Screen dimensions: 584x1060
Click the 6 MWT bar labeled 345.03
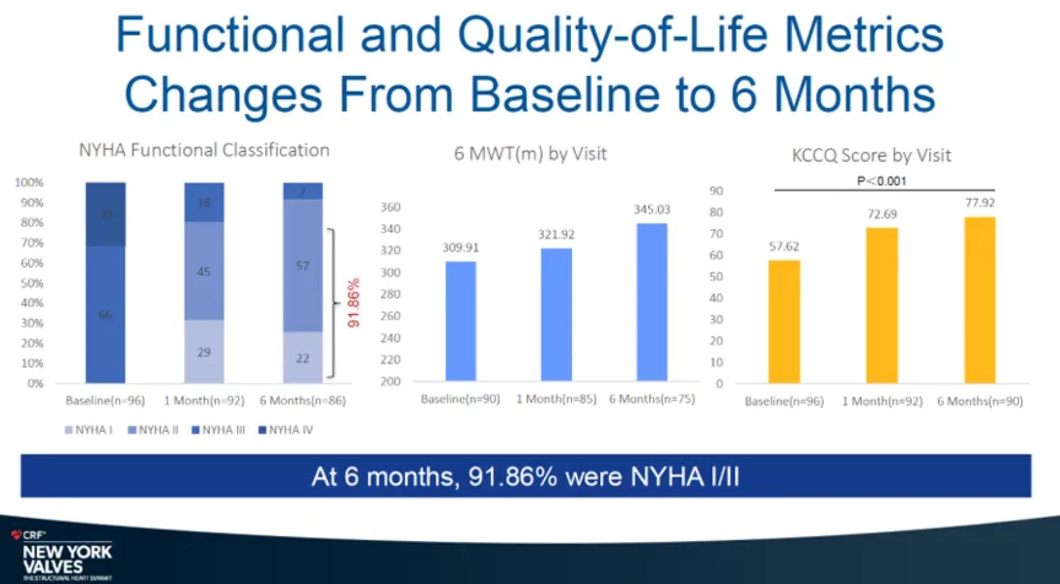point(651,302)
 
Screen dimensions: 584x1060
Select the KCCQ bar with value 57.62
point(784,321)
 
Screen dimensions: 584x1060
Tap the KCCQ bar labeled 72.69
point(882,305)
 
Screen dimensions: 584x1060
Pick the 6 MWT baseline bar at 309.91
point(461,321)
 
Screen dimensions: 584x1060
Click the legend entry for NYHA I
point(88,430)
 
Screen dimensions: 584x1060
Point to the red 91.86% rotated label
point(354,303)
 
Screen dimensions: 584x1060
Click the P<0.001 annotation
point(882,181)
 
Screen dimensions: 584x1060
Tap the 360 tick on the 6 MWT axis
point(390,207)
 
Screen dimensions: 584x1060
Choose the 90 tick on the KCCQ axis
point(716,191)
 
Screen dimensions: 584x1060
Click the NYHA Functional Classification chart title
point(204,151)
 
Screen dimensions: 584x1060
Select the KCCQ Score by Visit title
point(871,156)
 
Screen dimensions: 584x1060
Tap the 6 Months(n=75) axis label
point(651,399)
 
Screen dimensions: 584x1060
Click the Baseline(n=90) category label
point(460,399)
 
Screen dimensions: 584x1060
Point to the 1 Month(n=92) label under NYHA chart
point(204,400)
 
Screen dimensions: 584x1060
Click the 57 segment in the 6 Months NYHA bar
point(302,266)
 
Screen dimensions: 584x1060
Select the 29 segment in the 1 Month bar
point(204,352)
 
